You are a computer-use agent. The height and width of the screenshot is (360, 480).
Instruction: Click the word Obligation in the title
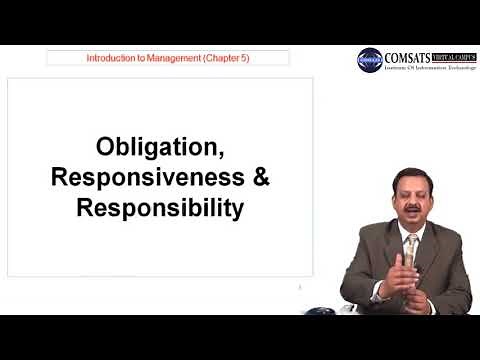pyautogui.click(x=160, y=147)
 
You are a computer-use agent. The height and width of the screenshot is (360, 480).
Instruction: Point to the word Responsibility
pyautogui.click(x=160, y=210)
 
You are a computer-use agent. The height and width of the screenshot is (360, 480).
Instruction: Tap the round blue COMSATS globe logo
pyautogui.click(x=370, y=60)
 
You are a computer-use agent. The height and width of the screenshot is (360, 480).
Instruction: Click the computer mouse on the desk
pyautogui.click(x=319, y=310)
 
